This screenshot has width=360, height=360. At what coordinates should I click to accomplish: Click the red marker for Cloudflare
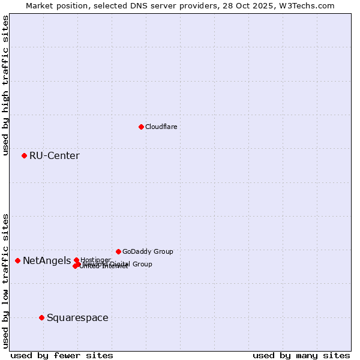point(141,127)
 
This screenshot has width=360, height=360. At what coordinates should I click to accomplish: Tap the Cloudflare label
point(161,127)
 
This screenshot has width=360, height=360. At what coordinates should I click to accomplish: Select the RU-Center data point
point(24,155)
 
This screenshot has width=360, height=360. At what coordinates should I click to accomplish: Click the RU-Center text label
point(54,156)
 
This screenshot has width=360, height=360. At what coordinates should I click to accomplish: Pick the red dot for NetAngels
point(17,260)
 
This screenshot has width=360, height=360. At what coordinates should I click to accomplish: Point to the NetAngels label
point(46,261)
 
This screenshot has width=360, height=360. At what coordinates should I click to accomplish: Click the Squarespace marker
point(41,317)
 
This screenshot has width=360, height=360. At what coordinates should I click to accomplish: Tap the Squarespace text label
point(77,318)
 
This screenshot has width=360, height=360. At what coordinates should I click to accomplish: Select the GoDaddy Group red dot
point(118,251)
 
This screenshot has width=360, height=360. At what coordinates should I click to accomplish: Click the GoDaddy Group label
point(148,251)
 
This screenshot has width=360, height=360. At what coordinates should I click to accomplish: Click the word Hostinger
point(95,260)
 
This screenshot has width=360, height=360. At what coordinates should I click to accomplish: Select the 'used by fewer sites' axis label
point(62,356)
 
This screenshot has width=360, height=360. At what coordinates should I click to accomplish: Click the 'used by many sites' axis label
point(301,356)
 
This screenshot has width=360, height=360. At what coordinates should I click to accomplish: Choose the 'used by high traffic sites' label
point(6,85)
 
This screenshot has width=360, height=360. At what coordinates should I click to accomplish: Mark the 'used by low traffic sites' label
point(6,281)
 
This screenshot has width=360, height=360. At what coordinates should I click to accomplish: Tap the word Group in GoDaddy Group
point(163,251)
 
